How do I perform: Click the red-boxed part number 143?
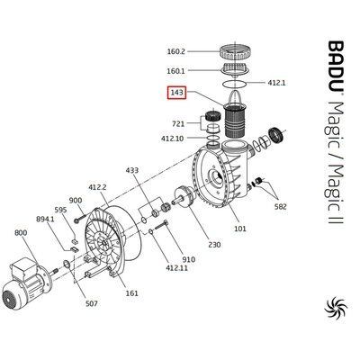[176, 93]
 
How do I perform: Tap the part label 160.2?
[175, 51]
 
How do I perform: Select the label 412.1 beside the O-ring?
[276, 83]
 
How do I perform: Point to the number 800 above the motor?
[21, 233]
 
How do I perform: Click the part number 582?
[281, 206]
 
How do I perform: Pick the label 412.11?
[177, 267]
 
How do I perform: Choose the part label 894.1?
[45, 219]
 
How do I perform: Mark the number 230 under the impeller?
[214, 245]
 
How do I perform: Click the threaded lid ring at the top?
[233, 52]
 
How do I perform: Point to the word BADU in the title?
[336, 67]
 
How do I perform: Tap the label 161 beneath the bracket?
[131, 292]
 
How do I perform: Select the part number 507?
[91, 303]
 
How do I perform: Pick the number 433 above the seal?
[132, 170]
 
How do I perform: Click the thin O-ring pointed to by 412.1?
[235, 84]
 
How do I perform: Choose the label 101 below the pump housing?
[240, 229]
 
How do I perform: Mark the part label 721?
[178, 123]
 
